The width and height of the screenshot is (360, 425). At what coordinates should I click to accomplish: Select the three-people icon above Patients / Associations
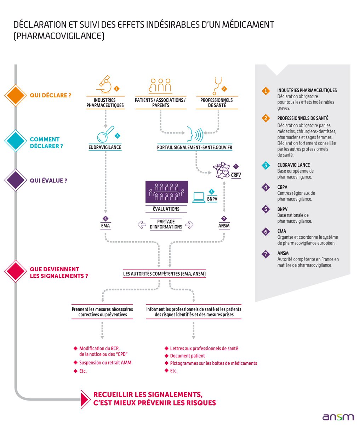[160, 85]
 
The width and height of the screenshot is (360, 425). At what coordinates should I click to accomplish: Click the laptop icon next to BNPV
[199, 197]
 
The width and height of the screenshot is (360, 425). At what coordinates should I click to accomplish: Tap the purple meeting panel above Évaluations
[166, 192]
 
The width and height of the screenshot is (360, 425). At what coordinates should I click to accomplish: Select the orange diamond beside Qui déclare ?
[15, 95]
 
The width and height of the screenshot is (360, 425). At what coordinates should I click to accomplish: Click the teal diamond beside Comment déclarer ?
[15, 141]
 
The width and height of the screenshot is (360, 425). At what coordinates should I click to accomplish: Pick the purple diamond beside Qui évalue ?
[15, 180]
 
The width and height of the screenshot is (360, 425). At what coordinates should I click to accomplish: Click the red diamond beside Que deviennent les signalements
[15, 271]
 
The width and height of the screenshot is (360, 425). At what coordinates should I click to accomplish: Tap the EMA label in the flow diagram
[105, 226]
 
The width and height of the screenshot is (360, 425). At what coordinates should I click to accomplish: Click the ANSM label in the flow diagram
[224, 226]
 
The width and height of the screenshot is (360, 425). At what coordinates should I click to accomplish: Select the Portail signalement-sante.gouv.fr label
[195, 147]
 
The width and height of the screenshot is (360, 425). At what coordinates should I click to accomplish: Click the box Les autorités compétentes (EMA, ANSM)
[164, 274]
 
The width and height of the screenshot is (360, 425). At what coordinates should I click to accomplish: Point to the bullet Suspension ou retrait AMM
[105, 363]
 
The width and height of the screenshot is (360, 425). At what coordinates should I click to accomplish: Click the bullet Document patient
[187, 356]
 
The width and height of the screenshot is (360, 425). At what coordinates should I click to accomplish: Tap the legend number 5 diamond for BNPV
[265, 209]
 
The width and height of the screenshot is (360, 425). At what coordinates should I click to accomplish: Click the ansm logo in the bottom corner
[338, 417]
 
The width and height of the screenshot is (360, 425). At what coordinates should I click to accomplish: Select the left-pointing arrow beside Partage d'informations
[142, 224]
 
